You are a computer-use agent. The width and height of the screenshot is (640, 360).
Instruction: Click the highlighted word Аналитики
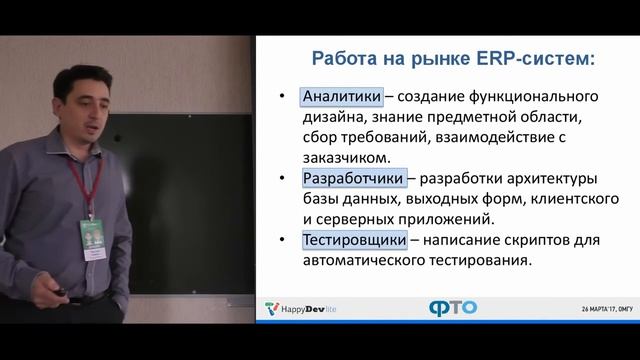pyautogui.click(x=342, y=97)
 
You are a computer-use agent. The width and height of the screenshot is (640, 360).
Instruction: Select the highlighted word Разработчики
pyautogui.click(x=354, y=179)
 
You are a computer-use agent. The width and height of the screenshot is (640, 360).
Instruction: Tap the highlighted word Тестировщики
pyautogui.click(x=354, y=240)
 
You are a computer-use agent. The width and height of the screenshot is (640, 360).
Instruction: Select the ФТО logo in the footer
pyautogui.click(x=453, y=308)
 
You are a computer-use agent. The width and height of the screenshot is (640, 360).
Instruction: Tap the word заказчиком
pyautogui.click(x=346, y=157)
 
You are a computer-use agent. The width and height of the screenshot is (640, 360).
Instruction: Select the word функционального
pyautogui.click(x=534, y=97)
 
